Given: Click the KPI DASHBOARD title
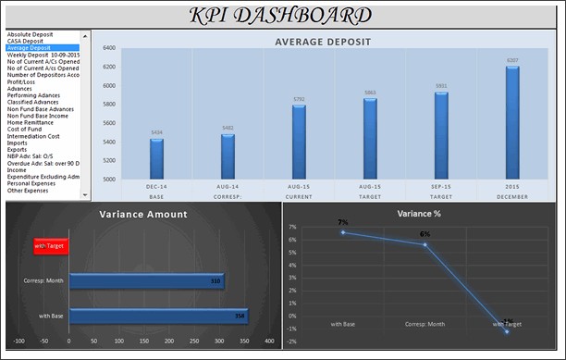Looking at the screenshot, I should point(281,16).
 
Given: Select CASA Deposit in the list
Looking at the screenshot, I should point(25,41).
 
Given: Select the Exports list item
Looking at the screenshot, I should point(18,150).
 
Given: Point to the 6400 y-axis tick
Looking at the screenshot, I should point(109,48).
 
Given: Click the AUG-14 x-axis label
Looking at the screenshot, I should point(228,187).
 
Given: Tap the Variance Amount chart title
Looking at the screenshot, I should point(142,215).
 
